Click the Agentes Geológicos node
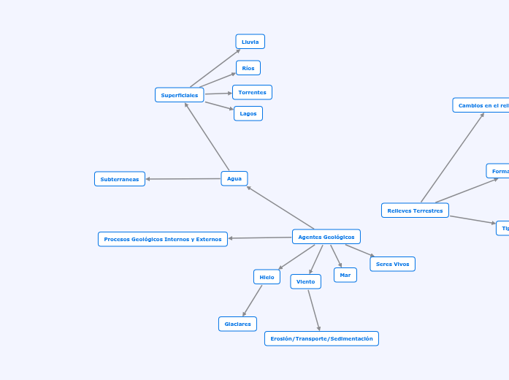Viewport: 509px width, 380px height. (326, 237)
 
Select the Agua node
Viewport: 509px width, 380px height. (234, 178)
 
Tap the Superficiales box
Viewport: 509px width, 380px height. (180, 95)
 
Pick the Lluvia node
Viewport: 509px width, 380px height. (250, 42)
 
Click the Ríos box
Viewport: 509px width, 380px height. (248, 68)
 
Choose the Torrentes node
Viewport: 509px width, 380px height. (252, 92)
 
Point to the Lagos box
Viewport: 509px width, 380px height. (248, 113)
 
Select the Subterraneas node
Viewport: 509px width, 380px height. (120, 179)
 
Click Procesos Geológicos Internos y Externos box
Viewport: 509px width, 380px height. (163, 239)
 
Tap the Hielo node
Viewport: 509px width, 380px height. (267, 277)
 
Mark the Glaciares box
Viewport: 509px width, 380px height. (237, 324)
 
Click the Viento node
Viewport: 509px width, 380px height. (305, 281)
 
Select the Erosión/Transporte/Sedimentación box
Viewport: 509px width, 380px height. (321, 338)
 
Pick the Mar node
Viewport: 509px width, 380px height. (345, 275)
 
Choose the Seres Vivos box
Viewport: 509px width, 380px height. (392, 264)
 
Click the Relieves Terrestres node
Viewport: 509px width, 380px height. (415, 210)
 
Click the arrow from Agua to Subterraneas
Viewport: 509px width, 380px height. (183, 179)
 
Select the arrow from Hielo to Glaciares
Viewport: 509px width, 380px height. (253, 300)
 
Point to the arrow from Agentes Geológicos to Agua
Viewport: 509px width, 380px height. (280, 208)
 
